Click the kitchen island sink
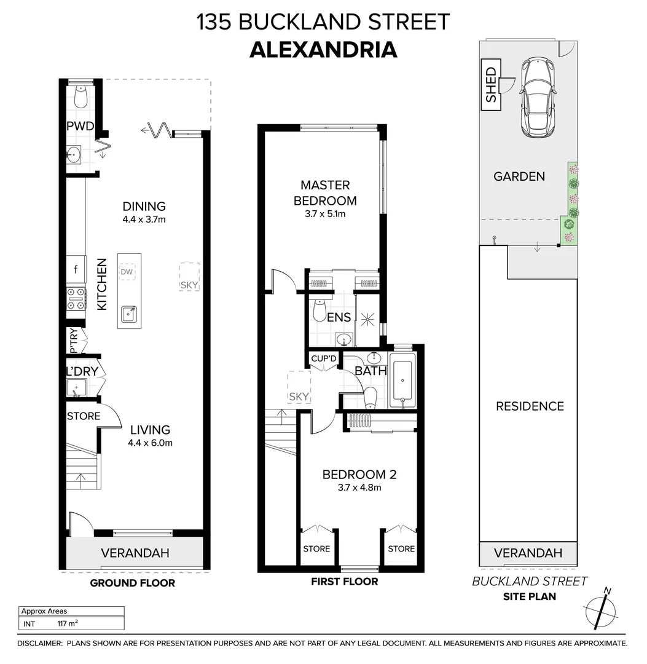click(128, 314)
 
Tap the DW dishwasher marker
click(127, 271)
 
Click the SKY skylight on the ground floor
click(189, 277)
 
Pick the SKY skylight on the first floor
click(299, 389)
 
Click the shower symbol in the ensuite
click(367, 318)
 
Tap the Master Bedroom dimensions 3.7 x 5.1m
click(325, 214)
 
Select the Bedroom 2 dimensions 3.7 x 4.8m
click(359, 488)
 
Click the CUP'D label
click(324, 358)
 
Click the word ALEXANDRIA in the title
click(323, 49)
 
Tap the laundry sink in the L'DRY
click(76, 389)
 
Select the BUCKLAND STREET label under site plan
click(529, 581)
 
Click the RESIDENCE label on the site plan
click(530, 406)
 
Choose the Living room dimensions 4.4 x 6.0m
click(150, 443)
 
